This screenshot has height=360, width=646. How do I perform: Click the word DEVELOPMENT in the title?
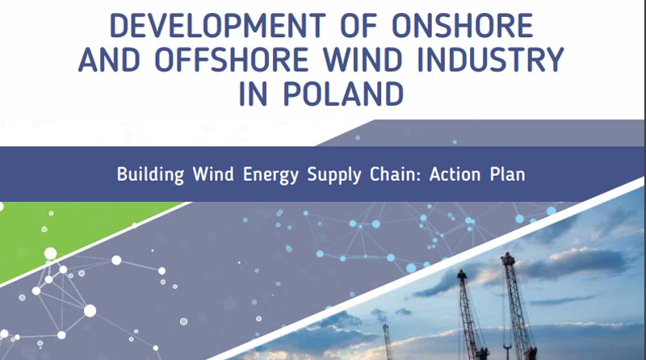(217, 26)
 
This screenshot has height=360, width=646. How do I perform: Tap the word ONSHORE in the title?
(463, 26)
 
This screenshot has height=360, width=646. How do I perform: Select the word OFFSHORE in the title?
(232, 59)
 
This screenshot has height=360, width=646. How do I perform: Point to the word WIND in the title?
(363, 59)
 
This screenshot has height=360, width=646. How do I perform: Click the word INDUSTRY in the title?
(490, 59)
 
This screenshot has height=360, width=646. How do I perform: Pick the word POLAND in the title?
(343, 94)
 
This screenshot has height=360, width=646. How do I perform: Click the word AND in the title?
(109, 59)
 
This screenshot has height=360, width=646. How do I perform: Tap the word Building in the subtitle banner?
(150, 174)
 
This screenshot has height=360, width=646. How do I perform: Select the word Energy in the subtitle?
(271, 175)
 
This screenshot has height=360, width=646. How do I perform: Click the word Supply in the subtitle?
(334, 175)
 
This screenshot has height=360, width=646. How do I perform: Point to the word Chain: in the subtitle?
(395, 174)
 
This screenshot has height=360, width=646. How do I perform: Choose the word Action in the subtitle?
(455, 174)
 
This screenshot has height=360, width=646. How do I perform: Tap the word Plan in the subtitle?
(508, 174)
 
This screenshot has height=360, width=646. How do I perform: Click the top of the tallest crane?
(509, 254)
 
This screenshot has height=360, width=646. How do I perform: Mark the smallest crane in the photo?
(388, 341)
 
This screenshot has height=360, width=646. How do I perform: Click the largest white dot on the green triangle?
(50, 253)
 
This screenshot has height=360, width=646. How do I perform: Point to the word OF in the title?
(359, 26)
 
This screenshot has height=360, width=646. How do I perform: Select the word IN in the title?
(254, 94)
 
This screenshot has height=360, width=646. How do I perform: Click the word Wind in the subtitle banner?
(213, 174)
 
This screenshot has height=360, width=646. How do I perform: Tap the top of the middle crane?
(461, 272)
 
